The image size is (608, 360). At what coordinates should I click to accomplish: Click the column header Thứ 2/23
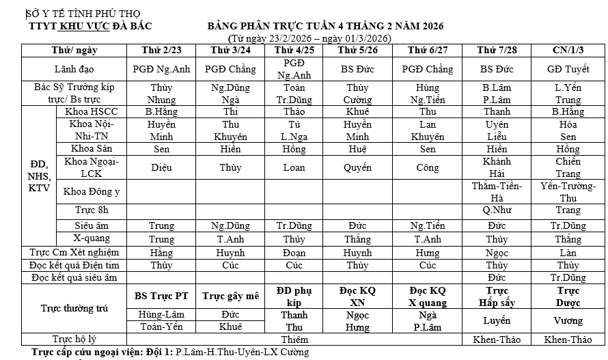click(x=161, y=50)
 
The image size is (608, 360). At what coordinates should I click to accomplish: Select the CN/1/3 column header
click(x=568, y=50)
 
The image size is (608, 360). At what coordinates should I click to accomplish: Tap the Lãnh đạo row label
click(x=74, y=69)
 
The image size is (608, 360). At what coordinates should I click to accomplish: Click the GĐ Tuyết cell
click(x=568, y=69)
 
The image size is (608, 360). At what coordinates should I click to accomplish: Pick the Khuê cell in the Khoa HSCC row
click(x=357, y=111)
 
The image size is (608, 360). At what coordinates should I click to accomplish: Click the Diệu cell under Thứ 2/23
click(x=161, y=167)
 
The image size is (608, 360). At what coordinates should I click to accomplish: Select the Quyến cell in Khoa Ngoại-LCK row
click(x=357, y=167)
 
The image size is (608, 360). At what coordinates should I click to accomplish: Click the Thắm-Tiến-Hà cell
click(x=497, y=191)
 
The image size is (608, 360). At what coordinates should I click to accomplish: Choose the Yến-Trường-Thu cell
click(x=568, y=191)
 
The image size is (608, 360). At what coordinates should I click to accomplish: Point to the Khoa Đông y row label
click(x=92, y=192)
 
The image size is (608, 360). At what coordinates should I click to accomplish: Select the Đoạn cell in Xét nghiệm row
click(x=294, y=252)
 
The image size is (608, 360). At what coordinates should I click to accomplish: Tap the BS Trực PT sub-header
click(x=161, y=296)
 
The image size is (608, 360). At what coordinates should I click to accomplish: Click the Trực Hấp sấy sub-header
click(x=497, y=296)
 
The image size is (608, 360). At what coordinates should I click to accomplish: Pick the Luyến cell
click(x=497, y=320)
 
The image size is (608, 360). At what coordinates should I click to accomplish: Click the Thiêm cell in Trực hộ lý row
click(x=294, y=339)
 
